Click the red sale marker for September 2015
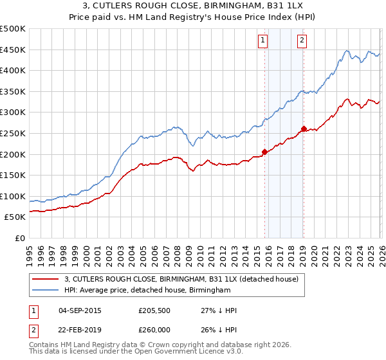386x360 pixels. coord(264,152)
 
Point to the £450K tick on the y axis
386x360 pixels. coord(13,50)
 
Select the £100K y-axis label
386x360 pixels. coord(13,197)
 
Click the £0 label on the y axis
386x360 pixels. coord(19,239)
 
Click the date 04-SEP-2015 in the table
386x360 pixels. coord(80,310)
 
